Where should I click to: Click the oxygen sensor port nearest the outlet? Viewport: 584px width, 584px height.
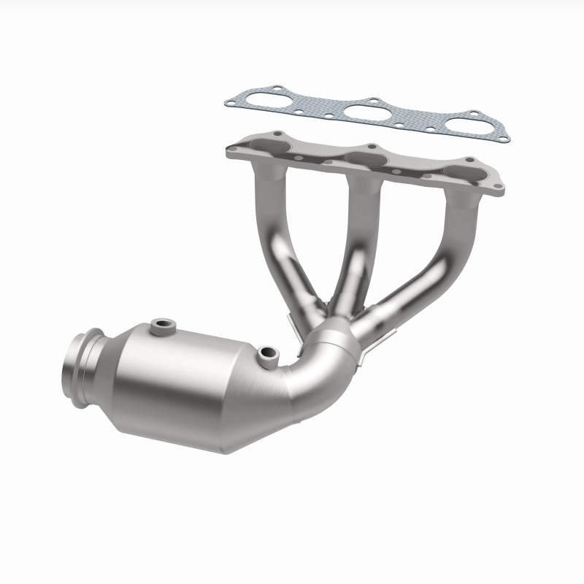[160, 323]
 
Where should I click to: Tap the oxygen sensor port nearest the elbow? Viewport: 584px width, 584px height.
[268, 354]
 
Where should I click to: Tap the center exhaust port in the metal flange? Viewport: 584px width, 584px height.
[365, 162]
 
